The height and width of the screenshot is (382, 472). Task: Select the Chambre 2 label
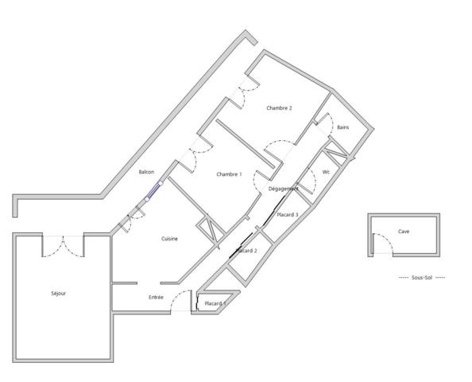tap(279, 108)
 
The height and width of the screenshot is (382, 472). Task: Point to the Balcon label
tap(146, 172)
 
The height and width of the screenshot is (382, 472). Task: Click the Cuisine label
tap(169, 239)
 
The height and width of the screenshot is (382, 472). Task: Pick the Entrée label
tap(156, 297)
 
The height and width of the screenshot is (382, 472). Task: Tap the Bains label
tap(342, 127)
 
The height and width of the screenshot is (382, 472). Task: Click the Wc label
tap(326, 172)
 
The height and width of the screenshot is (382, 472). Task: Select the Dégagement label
tap(284, 189)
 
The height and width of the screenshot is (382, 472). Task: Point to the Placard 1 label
tap(215, 303)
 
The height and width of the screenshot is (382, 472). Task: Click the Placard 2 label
tap(246, 251)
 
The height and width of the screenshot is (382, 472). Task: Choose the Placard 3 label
tap(287, 215)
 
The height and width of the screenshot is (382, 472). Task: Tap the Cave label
tap(404, 232)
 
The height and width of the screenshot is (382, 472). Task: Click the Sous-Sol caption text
tap(421, 277)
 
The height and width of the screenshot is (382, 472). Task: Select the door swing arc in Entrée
tap(182, 301)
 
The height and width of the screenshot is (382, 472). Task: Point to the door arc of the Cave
tap(381, 248)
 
